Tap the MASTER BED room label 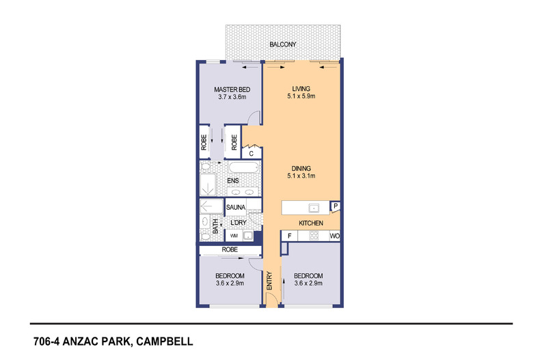pyautogui.click(x=231, y=89)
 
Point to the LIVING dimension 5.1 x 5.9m pyautogui.click(x=301, y=97)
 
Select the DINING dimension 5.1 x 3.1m pyautogui.click(x=301, y=176)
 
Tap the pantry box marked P pyautogui.click(x=336, y=206)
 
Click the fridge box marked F pyautogui.click(x=289, y=236)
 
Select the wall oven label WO pyautogui.click(x=334, y=236)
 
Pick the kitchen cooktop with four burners pyautogui.click(x=315, y=236)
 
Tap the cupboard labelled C pyautogui.click(x=252, y=154)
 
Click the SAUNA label pyautogui.click(x=236, y=206)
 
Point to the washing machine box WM pyautogui.click(x=234, y=236)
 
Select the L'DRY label pyautogui.click(x=239, y=223)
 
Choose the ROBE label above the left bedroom pyautogui.click(x=229, y=251)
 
